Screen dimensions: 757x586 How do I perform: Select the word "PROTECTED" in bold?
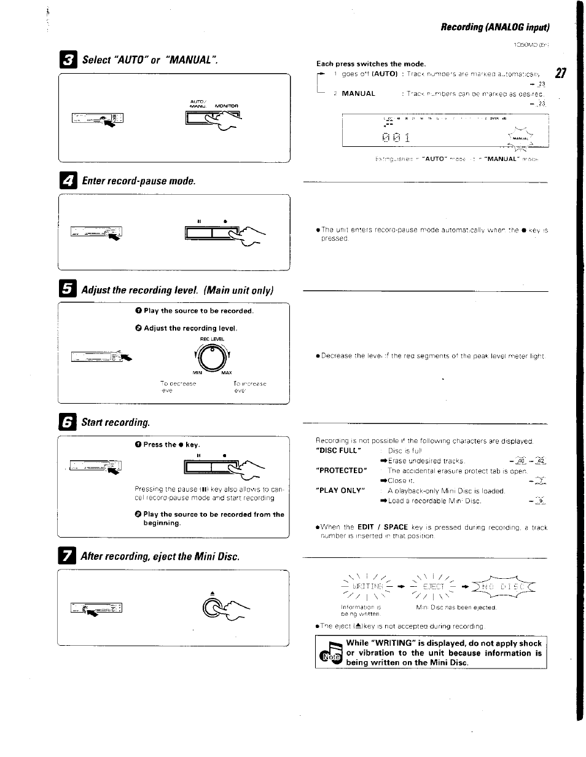tap(340, 470)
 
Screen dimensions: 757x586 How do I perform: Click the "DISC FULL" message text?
tap(337, 450)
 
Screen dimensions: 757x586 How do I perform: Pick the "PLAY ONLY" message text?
tap(340, 490)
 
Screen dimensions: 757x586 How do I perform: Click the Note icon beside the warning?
tap(329, 654)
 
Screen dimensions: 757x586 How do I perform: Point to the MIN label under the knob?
tap(197, 373)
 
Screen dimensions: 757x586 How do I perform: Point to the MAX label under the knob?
tap(226, 373)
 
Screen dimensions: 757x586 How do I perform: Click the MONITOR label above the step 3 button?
tap(227, 106)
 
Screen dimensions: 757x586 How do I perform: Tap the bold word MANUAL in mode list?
tap(358, 94)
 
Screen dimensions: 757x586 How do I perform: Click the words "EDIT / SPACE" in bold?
tap(383, 527)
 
